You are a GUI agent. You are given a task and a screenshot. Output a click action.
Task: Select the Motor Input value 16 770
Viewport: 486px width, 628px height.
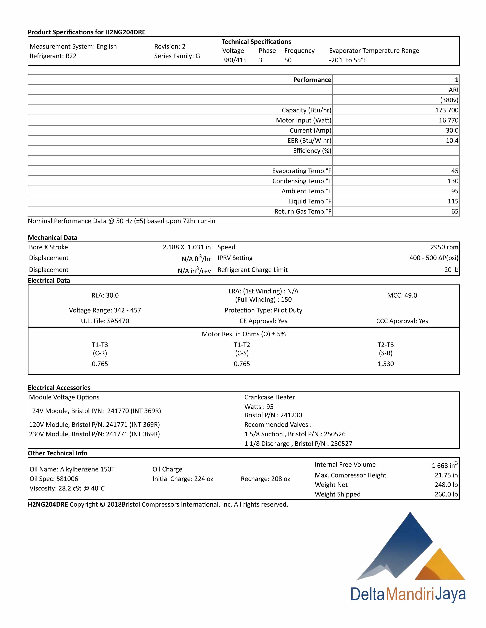click(x=448, y=120)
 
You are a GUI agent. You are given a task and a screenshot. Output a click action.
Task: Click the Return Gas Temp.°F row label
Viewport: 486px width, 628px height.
click(x=303, y=211)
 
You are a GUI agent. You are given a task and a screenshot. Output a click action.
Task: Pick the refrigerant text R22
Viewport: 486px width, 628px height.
click(x=71, y=56)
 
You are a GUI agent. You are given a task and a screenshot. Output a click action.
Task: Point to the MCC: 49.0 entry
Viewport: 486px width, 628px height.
click(x=402, y=295)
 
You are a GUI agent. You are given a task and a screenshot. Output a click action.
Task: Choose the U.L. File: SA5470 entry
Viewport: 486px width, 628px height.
click(x=105, y=321)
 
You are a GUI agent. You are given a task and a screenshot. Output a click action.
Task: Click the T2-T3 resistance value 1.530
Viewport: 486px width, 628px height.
click(x=386, y=364)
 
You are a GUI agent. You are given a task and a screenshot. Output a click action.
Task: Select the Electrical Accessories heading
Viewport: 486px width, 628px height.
click(x=59, y=388)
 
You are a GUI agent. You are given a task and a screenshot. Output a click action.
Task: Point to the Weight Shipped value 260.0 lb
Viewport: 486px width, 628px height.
click(x=446, y=494)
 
